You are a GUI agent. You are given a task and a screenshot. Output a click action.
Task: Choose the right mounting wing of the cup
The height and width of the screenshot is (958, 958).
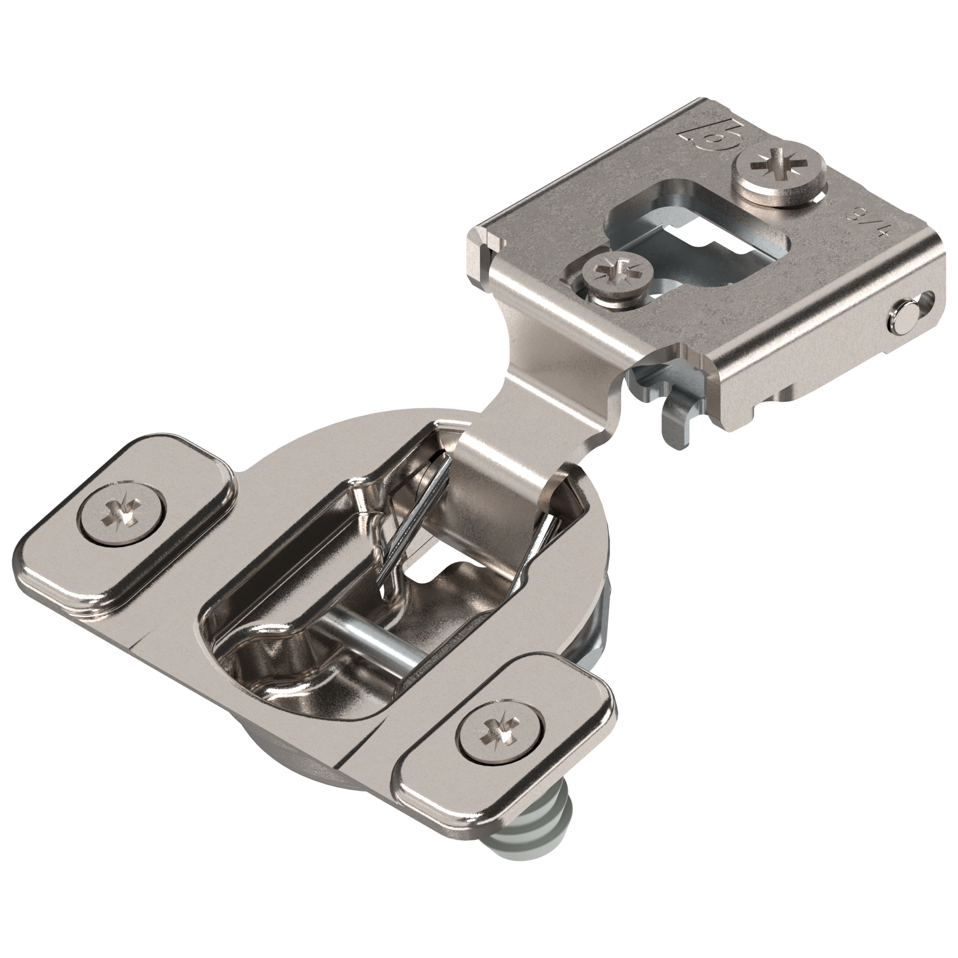(506, 740)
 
